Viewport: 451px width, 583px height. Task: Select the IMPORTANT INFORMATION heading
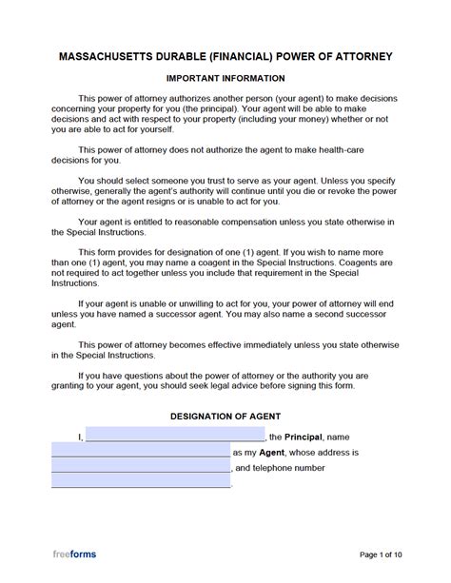tap(225, 77)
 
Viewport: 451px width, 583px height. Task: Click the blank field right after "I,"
tap(175, 436)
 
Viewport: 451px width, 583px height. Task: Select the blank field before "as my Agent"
tap(140, 452)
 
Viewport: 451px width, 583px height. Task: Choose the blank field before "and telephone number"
tap(140, 468)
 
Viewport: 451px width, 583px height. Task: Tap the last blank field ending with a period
tap(140, 484)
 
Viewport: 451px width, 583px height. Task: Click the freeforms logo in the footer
tap(73, 554)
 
